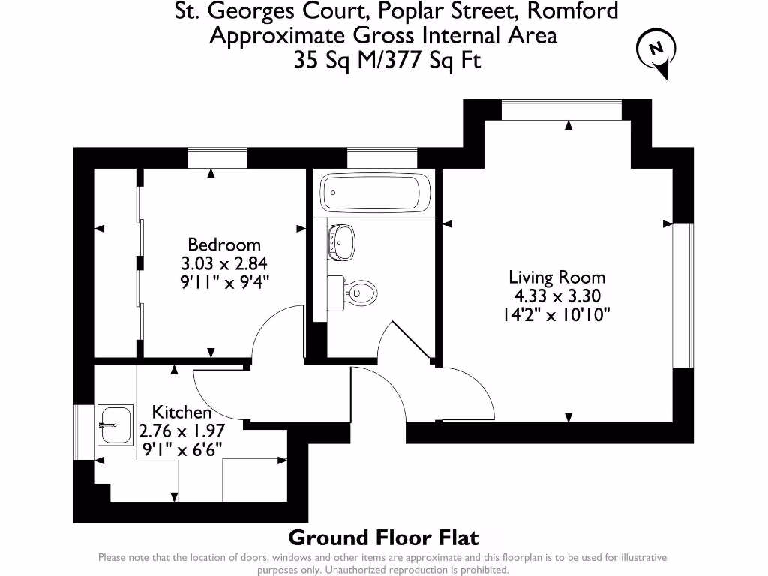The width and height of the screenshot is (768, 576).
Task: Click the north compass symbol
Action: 655,51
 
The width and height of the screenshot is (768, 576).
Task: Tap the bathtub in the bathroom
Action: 375,193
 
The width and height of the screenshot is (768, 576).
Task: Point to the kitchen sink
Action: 115,425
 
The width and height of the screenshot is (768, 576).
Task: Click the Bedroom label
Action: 224,244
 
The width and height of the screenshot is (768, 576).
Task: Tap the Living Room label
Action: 556,277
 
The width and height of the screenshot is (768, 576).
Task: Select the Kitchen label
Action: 181,412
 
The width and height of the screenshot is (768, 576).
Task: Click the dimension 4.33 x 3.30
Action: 555,296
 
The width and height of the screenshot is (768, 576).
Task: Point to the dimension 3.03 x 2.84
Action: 224,263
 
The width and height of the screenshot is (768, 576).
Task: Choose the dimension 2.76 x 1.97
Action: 181,430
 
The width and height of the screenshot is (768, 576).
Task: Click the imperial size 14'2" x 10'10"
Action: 556,315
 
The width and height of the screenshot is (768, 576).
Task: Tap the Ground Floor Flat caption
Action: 383,538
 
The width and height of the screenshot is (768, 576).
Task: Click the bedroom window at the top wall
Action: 217,157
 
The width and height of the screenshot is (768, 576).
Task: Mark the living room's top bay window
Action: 562,109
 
